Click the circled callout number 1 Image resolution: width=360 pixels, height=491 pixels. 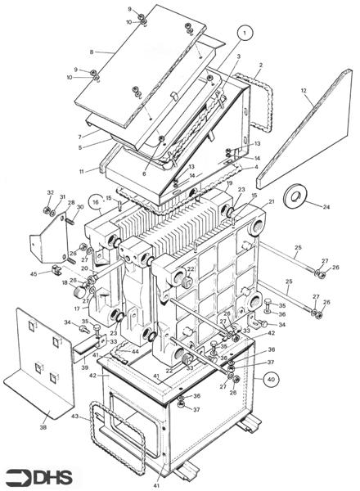click(243, 34)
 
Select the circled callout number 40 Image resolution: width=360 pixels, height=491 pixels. click(271, 379)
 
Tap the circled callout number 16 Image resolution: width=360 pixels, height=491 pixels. click(96, 199)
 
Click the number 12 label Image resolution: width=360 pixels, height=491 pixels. click(303, 92)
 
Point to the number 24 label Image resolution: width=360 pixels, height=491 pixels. click(326, 207)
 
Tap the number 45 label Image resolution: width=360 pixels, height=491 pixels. click(34, 273)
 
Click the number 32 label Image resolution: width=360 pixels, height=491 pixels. click(49, 194)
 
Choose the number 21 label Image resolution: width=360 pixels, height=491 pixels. click(271, 201)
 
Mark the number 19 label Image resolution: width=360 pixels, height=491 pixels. click(230, 183)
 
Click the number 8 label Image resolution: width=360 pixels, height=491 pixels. click(92, 52)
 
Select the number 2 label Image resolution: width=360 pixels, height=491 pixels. click(260, 65)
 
